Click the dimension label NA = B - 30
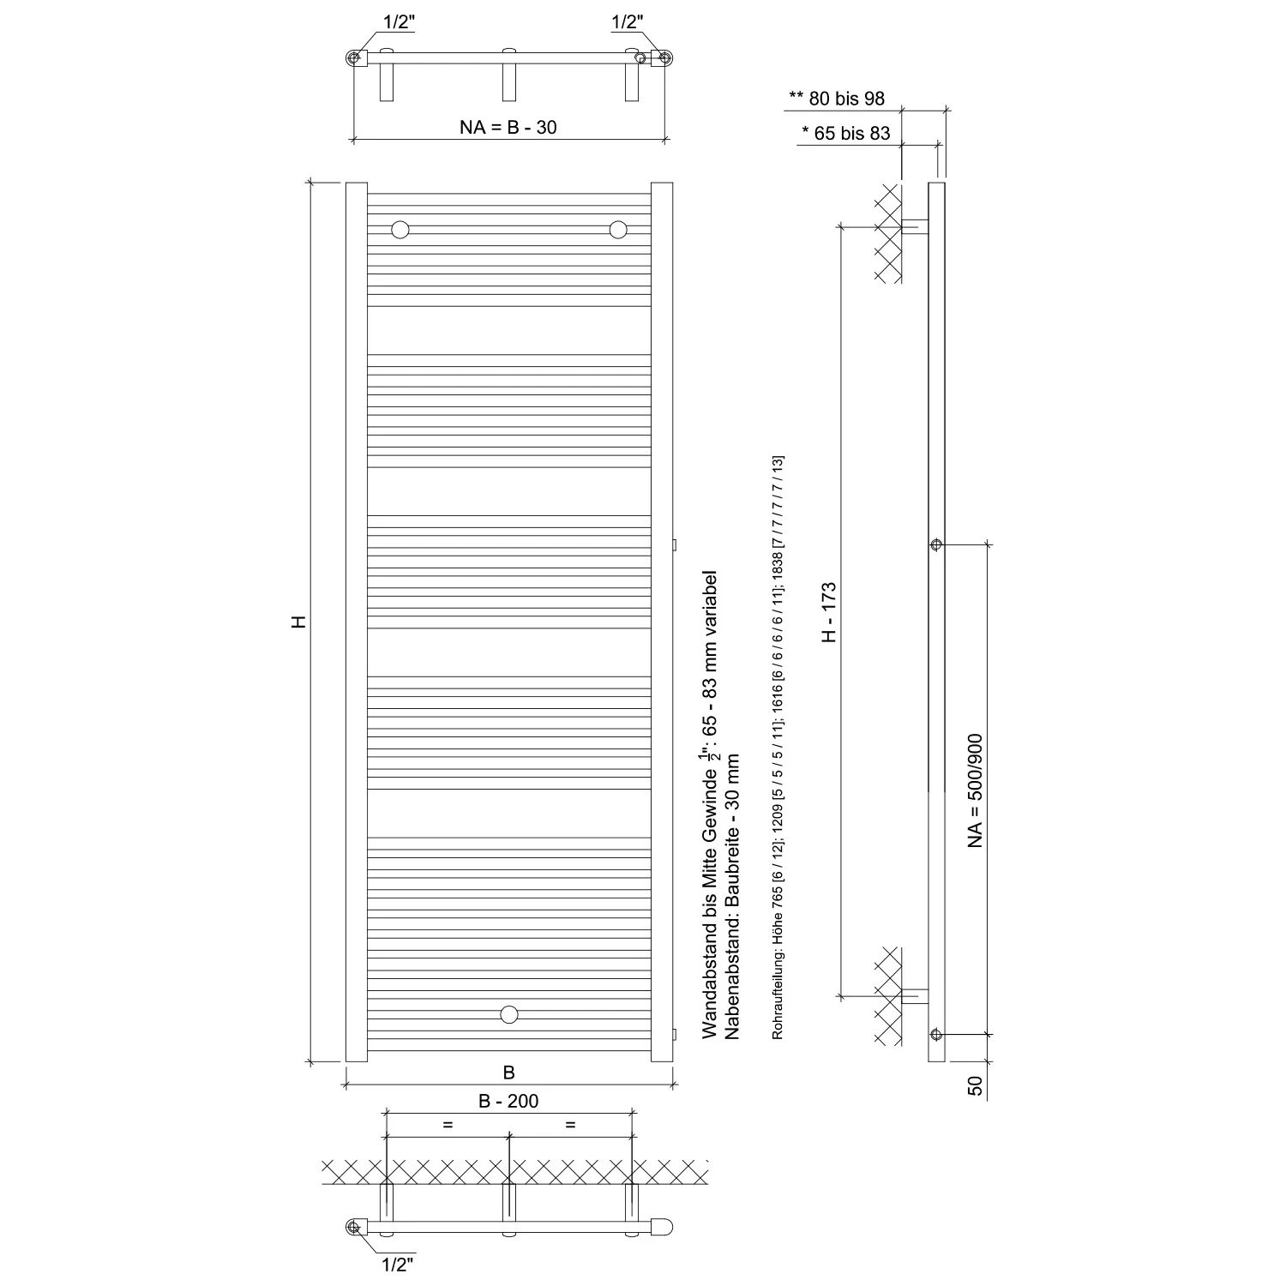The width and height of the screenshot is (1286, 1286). point(508,128)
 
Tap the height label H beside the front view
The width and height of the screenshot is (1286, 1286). point(298,622)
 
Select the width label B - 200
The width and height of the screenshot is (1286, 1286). point(509,1101)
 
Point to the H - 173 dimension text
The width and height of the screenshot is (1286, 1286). point(829,612)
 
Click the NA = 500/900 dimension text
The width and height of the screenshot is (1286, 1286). point(975,790)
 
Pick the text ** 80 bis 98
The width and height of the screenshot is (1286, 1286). point(837,99)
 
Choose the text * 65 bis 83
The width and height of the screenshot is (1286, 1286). point(846,133)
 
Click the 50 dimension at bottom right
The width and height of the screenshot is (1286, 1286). point(975,1085)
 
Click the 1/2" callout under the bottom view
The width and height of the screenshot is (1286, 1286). point(398,1262)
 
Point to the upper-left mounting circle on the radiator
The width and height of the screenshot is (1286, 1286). point(400,229)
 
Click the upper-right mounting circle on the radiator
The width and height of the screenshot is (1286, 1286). point(618,229)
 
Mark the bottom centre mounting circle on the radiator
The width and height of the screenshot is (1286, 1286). point(509,1015)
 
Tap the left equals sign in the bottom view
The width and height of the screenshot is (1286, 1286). point(448,1125)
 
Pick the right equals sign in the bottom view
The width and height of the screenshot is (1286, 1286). point(570,1125)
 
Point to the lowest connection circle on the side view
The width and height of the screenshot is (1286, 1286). point(936,1034)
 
